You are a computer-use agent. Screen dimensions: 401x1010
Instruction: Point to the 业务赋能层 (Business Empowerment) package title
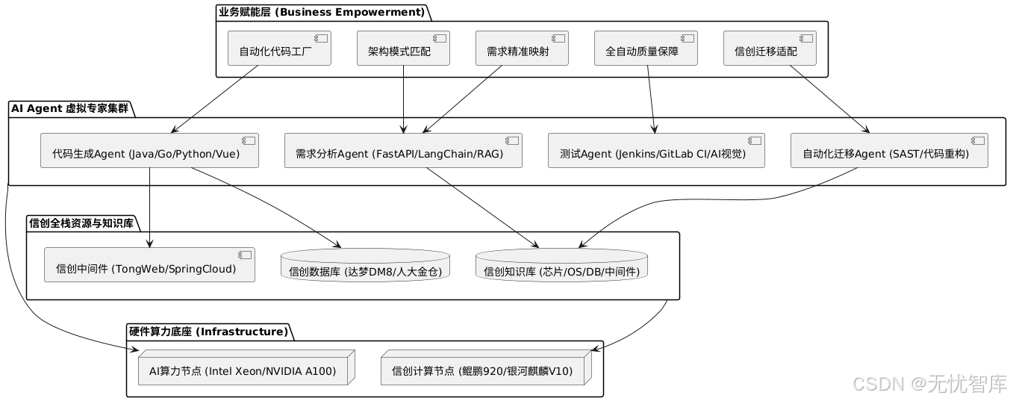tap(322, 12)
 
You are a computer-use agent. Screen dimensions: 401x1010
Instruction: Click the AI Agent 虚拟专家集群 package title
tap(69, 108)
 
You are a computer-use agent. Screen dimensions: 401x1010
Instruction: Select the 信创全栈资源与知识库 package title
tap(81, 223)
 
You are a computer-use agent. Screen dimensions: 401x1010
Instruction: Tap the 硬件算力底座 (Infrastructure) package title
tap(208, 332)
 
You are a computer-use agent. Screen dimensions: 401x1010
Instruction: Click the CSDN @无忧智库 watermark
tap(929, 384)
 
